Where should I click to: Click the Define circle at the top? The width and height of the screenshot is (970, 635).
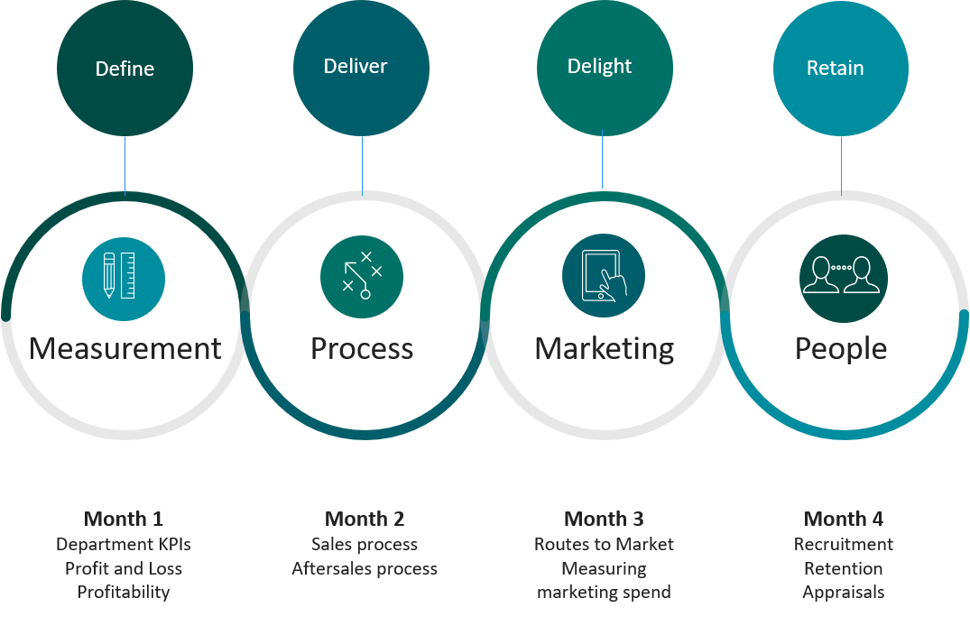(x=125, y=69)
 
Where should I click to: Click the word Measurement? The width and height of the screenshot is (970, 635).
(x=125, y=349)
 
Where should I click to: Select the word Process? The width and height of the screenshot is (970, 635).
(x=362, y=349)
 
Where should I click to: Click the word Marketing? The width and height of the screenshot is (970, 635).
(x=604, y=349)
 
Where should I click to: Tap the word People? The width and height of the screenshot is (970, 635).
(x=841, y=349)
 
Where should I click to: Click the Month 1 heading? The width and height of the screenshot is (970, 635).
(x=124, y=519)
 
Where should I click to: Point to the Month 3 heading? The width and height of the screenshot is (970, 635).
(x=604, y=519)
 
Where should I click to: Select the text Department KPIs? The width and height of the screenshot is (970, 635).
(x=124, y=544)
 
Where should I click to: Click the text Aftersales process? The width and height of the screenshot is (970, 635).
(x=365, y=569)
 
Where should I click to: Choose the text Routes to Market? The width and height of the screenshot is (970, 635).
(x=604, y=544)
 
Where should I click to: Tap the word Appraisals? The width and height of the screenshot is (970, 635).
(x=844, y=593)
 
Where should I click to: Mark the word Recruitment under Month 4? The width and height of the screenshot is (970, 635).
(x=844, y=544)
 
